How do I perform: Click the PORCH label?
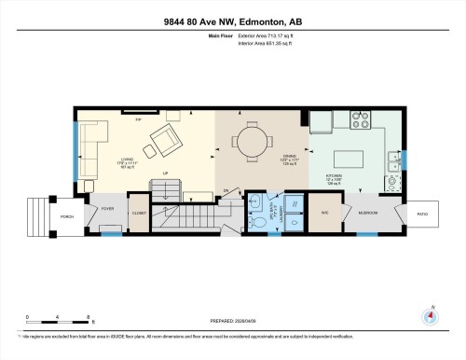click(67, 216)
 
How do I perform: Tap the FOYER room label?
click(107, 209)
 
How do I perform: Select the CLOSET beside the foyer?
click(139, 214)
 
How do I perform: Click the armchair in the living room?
click(164, 143)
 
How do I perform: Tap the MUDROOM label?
click(368, 214)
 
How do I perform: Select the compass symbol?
click(431, 314)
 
